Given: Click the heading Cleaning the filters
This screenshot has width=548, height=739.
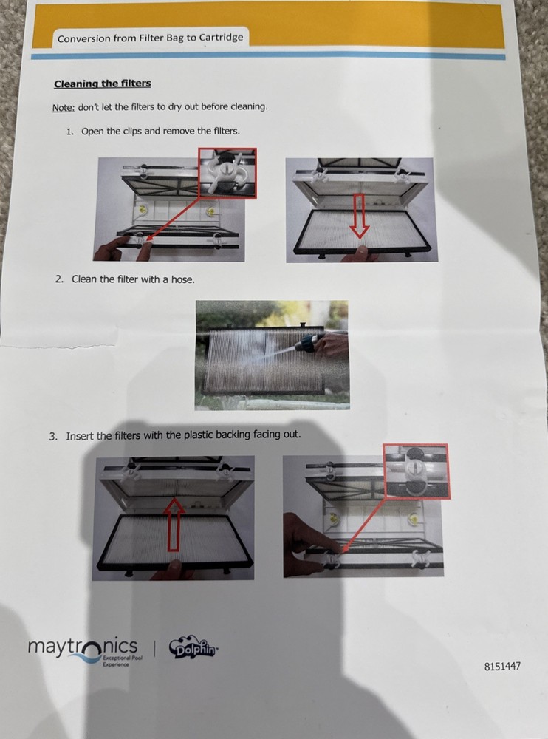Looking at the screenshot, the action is coord(103,84).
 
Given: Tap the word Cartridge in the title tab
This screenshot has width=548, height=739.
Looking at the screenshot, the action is coord(221,37).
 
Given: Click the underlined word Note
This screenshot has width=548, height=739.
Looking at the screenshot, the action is coord(64,107).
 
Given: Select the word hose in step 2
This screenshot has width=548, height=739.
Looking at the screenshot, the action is coord(183,279).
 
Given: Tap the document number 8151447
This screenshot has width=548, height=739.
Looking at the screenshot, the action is coord(502,666).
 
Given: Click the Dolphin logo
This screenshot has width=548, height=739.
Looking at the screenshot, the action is coord(193,649).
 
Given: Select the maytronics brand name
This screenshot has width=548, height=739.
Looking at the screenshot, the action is coord(83,647).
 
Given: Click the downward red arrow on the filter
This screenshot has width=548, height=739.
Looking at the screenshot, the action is coord(360,216).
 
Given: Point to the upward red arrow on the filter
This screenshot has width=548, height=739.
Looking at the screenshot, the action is coord(174,524).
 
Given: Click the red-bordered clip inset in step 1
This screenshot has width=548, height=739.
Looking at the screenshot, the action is coord(227,173).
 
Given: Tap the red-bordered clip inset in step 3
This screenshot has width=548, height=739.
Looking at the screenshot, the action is coord(416,471).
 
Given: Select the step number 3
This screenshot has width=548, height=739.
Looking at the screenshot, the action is coord(53,437).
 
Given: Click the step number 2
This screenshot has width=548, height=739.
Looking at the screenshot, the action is coord(59,279).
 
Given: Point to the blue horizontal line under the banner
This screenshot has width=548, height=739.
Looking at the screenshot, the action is coord(267,56).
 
